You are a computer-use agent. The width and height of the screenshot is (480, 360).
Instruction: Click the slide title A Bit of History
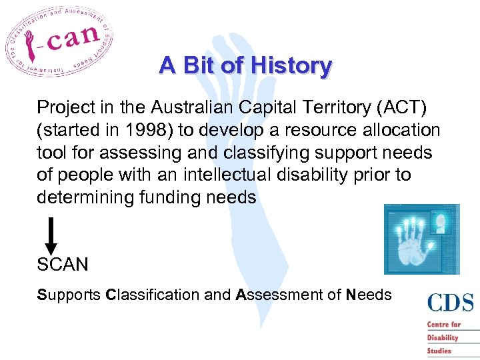pyautogui.click(x=245, y=65)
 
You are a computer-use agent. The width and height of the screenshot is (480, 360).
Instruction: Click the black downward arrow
pyautogui.click(x=51, y=235)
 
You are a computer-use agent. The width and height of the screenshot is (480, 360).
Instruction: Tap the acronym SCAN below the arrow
pyautogui.click(x=62, y=265)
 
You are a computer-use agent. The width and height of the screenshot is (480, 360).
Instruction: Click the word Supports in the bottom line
pyautogui.click(x=69, y=294)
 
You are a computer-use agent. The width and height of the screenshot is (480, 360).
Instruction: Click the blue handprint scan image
pyautogui.click(x=421, y=239)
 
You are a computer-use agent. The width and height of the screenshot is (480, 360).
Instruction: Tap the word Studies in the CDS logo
pyautogui.click(x=440, y=350)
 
